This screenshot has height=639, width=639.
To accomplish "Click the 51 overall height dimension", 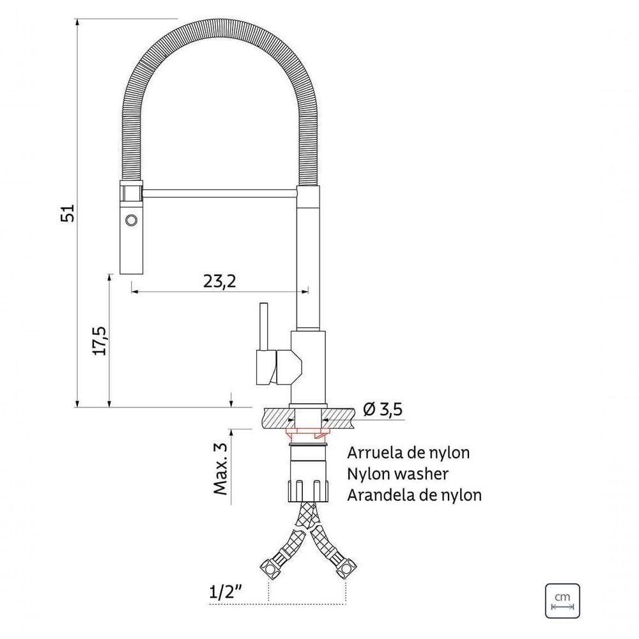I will [68, 213].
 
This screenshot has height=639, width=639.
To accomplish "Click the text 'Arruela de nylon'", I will [408, 453].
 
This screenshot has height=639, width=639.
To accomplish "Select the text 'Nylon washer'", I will [397, 473].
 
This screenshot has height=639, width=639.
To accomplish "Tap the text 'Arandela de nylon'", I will [414, 495].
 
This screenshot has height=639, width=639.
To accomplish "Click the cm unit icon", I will [562, 601].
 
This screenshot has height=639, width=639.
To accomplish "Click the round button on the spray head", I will [132, 219].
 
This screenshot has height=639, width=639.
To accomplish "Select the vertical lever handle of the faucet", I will [263, 326].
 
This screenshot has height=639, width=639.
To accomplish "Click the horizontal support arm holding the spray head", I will [217, 191].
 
